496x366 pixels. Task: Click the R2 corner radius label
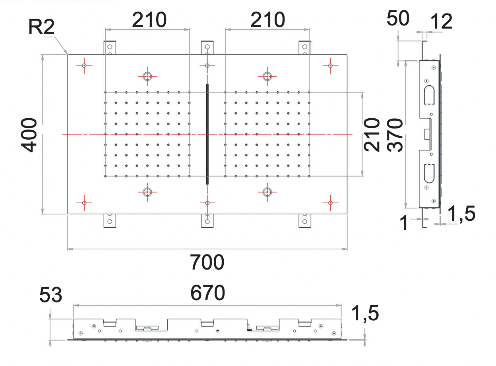point(41,27)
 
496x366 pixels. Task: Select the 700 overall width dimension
point(207,262)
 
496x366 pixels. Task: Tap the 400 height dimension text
point(29,134)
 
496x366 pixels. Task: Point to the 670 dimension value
point(207,293)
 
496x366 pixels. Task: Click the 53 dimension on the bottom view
point(51,296)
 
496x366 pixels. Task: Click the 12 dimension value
point(441,22)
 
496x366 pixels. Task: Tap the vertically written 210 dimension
point(372,134)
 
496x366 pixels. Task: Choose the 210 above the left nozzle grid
point(149,20)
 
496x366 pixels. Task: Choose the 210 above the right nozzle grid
point(267,20)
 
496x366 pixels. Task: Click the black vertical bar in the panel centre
point(207,134)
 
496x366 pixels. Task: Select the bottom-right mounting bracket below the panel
point(304,221)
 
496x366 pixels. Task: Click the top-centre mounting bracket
point(207,48)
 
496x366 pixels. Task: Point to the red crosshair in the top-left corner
point(84,65)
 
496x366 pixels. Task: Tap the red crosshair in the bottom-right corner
point(330,203)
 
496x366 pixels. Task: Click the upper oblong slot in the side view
point(429,94)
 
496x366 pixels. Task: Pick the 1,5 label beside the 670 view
point(365,314)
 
